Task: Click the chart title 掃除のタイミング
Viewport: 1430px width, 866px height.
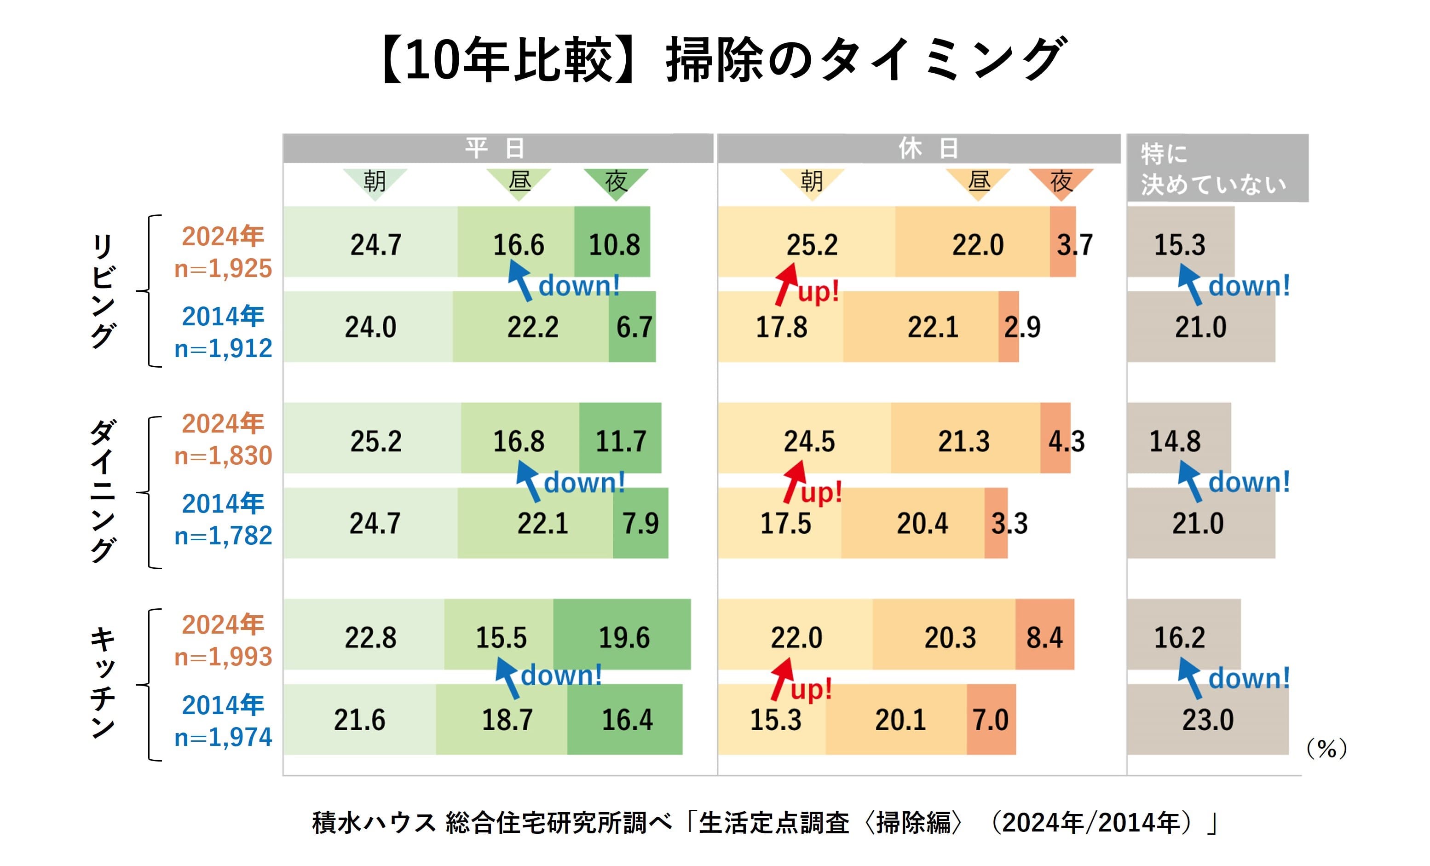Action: (865, 59)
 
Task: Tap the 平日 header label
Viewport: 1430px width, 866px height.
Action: (496, 149)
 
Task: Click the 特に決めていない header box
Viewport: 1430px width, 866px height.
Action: (1217, 168)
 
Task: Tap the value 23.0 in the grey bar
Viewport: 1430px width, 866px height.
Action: (1208, 720)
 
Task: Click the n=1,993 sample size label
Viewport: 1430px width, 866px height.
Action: (224, 657)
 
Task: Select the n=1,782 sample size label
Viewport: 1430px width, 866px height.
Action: (224, 536)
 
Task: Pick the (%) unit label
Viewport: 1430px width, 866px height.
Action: (1326, 749)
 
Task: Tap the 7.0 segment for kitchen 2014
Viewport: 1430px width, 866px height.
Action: (991, 720)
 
